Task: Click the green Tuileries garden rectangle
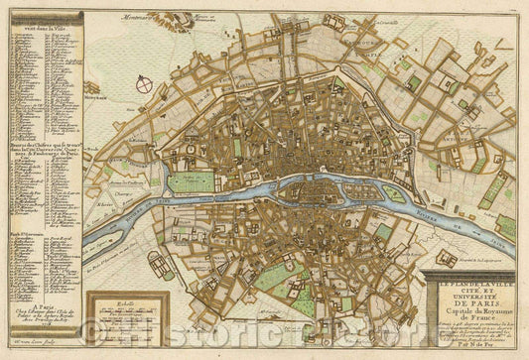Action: click(x=191, y=182)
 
